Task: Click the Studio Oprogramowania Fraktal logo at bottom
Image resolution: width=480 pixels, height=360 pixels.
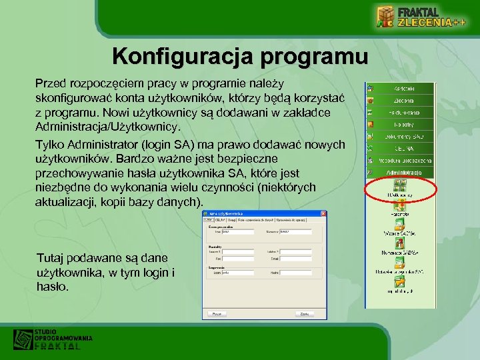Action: click(53, 339)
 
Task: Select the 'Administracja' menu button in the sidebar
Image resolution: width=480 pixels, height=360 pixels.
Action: click(404, 172)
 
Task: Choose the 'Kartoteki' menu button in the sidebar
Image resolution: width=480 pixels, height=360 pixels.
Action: click(404, 89)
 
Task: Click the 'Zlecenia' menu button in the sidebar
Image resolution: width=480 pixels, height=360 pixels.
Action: click(404, 101)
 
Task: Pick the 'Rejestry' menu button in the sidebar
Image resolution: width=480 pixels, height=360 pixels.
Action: click(404, 124)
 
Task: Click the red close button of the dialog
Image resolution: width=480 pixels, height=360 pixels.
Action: click(324, 213)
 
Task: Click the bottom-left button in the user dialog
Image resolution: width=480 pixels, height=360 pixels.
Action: click(217, 313)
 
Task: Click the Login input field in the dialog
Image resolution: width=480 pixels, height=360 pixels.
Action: click(238, 273)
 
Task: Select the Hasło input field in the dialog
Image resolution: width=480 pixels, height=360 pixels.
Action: click(295, 273)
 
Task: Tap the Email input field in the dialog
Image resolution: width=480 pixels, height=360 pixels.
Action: click(295, 258)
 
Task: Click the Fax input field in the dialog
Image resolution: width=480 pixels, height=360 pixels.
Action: click(238, 258)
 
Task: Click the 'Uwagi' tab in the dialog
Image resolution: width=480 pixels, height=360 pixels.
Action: click(231, 220)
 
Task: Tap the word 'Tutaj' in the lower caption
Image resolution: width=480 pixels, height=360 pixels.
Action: click(51, 257)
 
